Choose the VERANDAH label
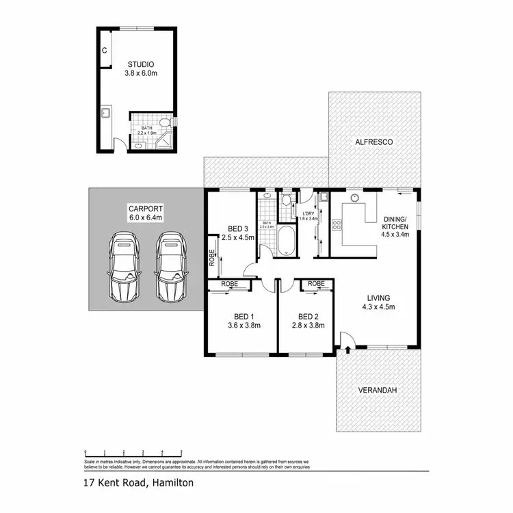coord(378,391)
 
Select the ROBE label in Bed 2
coord(316,283)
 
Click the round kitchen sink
coord(355,198)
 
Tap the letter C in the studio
coord(105,51)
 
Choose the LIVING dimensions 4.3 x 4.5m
coord(378,308)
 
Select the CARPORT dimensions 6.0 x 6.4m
coord(147,218)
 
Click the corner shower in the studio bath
coord(164,142)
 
